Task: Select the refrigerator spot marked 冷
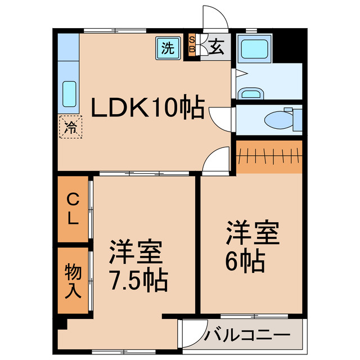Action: [x=71, y=126]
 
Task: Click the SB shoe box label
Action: [x=192, y=45]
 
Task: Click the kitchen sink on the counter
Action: [x=69, y=94]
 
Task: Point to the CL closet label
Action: [x=73, y=209]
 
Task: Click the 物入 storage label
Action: [x=73, y=281]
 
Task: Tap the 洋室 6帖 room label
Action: [x=253, y=246]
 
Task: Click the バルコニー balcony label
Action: [x=247, y=336]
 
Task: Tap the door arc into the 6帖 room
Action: [x=216, y=160]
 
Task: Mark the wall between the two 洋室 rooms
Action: [x=198, y=245]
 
